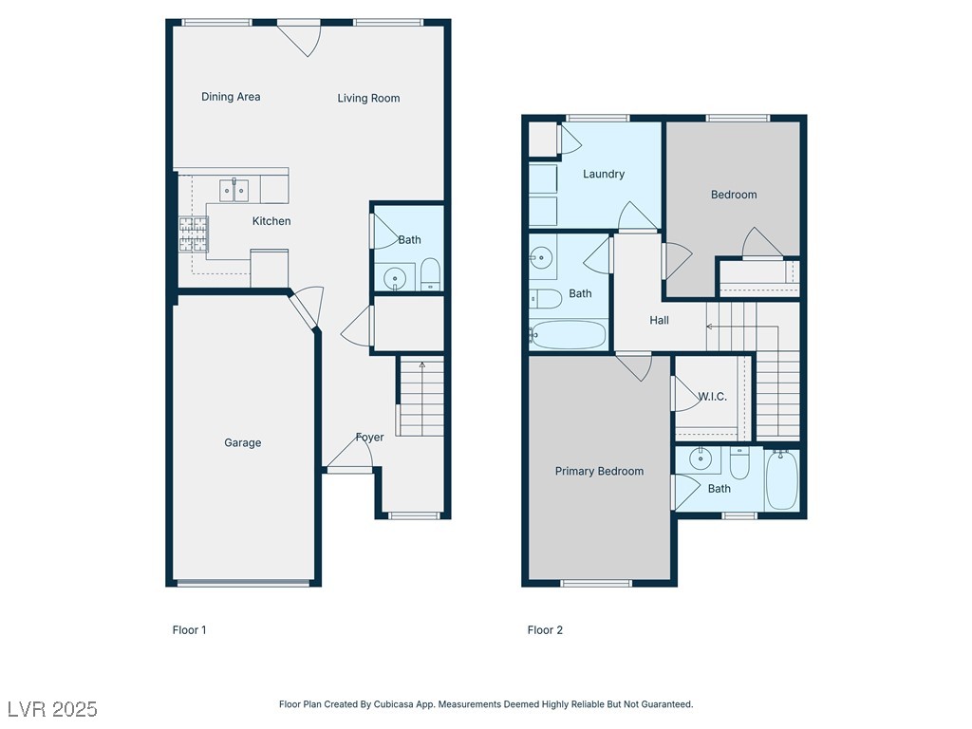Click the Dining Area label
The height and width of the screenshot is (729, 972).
(231, 97)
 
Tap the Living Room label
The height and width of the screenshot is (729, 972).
(368, 98)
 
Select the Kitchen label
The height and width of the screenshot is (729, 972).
(271, 220)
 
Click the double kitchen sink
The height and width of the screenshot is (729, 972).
(234, 190)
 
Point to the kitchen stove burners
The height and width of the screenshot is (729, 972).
(194, 234)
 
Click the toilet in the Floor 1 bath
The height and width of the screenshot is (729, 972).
(430, 274)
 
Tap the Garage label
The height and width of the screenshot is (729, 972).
(242, 442)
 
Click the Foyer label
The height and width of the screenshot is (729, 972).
(369, 437)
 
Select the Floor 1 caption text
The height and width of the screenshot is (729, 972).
(189, 630)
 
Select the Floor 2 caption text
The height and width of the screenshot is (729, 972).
(545, 630)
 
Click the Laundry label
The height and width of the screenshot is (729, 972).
(603, 175)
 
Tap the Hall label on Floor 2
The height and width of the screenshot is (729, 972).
(659, 320)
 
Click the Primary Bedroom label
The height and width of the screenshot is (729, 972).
(599, 471)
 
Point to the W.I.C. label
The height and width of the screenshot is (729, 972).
(712, 397)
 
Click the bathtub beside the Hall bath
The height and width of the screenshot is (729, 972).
(569, 335)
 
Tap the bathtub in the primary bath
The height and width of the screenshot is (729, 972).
(782, 479)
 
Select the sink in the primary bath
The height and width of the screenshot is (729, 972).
(701, 459)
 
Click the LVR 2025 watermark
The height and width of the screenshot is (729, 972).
(53, 709)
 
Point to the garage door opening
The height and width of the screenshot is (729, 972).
(244, 583)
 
